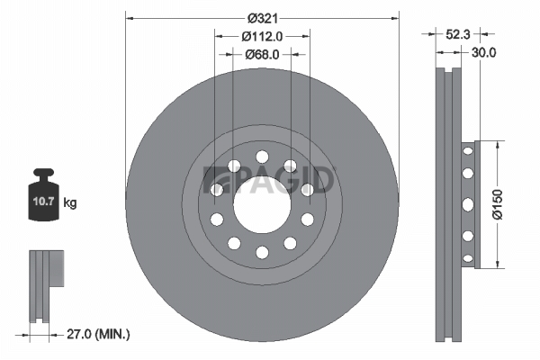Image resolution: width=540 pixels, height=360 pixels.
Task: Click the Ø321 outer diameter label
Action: [263, 18]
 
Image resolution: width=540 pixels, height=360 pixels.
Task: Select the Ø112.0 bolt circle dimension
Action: [263, 36]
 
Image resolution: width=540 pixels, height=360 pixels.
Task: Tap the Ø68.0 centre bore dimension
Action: [263, 54]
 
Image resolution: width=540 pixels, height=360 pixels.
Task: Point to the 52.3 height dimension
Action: [458, 34]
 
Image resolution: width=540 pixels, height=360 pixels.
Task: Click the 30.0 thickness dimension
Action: [484, 53]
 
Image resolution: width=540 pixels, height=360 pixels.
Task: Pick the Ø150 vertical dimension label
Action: [498, 204]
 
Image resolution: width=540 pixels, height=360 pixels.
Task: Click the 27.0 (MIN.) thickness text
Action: [98, 334]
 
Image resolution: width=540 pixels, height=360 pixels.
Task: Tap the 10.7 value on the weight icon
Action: [43, 201]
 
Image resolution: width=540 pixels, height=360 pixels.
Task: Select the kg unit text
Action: [70, 202]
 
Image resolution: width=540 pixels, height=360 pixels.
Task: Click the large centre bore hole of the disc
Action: [262, 204]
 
